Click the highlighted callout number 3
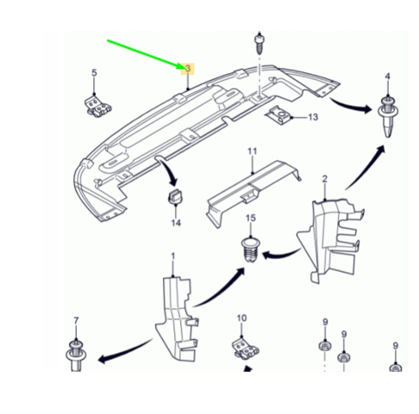(x=188, y=69)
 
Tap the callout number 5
(x=94, y=72)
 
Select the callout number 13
(x=313, y=117)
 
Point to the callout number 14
(x=176, y=223)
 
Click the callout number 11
(x=252, y=151)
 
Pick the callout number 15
(x=251, y=218)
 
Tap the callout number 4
(x=388, y=76)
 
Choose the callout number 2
(x=325, y=179)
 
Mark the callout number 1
(x=173, y=256)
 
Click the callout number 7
(x=76, y=321)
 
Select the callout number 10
(x=241, y=318)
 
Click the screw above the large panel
(x=260, y=44)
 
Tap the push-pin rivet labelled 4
(x=388, y=117)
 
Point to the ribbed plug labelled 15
(x=250, y=249)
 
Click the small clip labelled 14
(x=175, y=196)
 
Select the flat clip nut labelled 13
(x=278, y=116)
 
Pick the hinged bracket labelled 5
(x=97, y=107)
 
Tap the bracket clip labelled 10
(x=245, y=348)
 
